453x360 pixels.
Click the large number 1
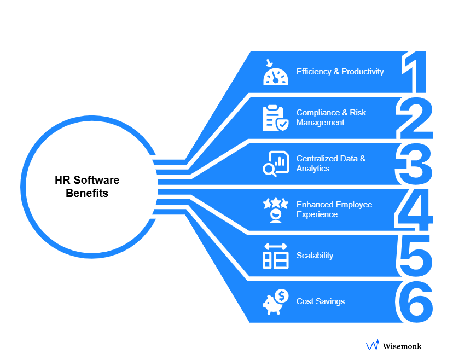tap(414, 72)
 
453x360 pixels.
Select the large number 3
tap(414, 164)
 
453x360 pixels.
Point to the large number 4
tap(414, 210)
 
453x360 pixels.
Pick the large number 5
tap(414, 256)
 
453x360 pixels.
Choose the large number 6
tap(414, 301)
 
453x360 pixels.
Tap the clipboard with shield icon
tap(275, 118)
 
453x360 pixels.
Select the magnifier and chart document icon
tap(275, 164)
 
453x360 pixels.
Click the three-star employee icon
tap(275, 210)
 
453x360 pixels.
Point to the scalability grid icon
tap(275, 256)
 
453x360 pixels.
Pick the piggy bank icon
tap(275, 301)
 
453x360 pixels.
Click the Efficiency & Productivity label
tap(340, 72)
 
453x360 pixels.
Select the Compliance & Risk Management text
tap(331, 118)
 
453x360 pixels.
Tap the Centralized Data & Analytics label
tap(330, 164)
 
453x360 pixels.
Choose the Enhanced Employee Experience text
tap(334, 210)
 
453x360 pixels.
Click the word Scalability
tap(315, 256)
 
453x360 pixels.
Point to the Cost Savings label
tap(321, 301)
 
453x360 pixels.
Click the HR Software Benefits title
tap(87, 187)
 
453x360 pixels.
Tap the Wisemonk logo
tap(394, 346)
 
